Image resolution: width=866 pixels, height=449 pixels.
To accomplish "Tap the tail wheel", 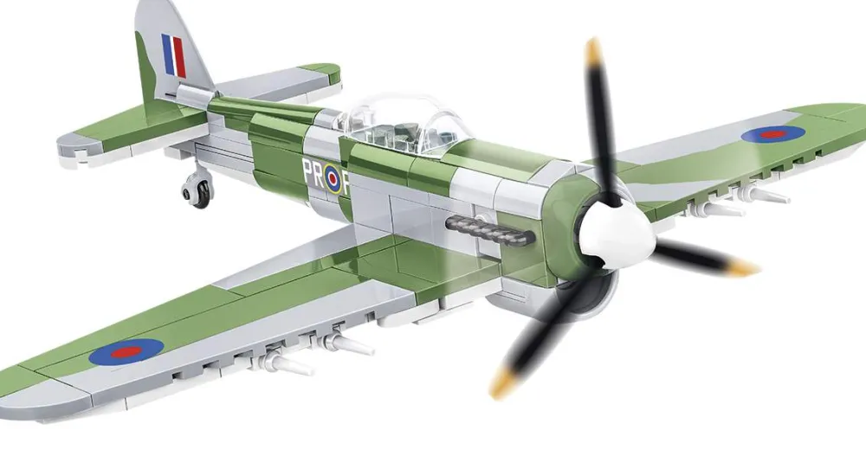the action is tap(197, 193).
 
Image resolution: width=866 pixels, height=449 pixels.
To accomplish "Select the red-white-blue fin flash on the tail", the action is tap(173, 55).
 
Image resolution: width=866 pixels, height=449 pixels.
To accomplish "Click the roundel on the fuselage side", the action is tap(333, 178).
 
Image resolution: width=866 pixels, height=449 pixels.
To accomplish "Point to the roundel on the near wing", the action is tap(126, 351).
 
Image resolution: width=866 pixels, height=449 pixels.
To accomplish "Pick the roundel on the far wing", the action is tap(772, 133).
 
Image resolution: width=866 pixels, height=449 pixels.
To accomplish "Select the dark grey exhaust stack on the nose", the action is tap(489, 229).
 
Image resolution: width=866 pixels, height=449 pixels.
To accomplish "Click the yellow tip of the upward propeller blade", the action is tap(592, 51).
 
